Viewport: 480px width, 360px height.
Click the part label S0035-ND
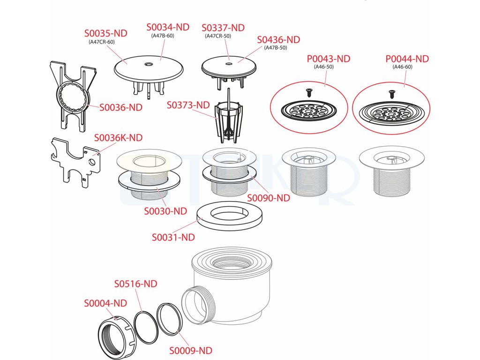click(x=105, y=33)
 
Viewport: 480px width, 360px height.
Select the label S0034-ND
click(x=168, y=27)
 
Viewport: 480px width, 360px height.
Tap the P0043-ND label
click(x=329, y=59)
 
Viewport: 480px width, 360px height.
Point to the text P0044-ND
click(x=407, y=59)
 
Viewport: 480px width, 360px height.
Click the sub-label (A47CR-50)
click(x=218, y=36)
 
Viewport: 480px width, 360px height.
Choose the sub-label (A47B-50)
click(x=276, y=48)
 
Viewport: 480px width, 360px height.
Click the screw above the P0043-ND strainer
click(x=308, y=92)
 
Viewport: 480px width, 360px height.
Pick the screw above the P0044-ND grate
click(x=391, y=93)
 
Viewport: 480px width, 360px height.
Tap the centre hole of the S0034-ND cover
click(x=149, y=65)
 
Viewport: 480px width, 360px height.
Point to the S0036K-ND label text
click(x=118, y=138)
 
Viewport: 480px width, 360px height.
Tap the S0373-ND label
click(x=188, y=105)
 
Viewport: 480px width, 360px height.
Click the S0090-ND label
click(x=269, y=198)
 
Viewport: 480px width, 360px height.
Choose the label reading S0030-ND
click(x=165, y=211)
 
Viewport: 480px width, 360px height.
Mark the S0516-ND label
click(x=135, y=284)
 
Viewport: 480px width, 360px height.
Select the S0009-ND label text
click(x=191, y=351)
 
